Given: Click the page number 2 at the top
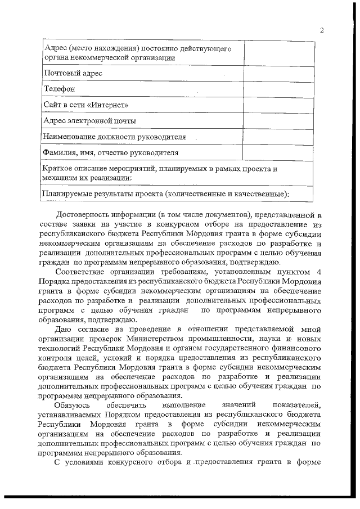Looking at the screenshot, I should (x=321, y=30).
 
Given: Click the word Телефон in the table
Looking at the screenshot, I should (x=59, y=89).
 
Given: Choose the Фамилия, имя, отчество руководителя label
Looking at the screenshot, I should (x=111, y=152).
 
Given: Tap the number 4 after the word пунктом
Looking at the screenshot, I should (x=319, y=272).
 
